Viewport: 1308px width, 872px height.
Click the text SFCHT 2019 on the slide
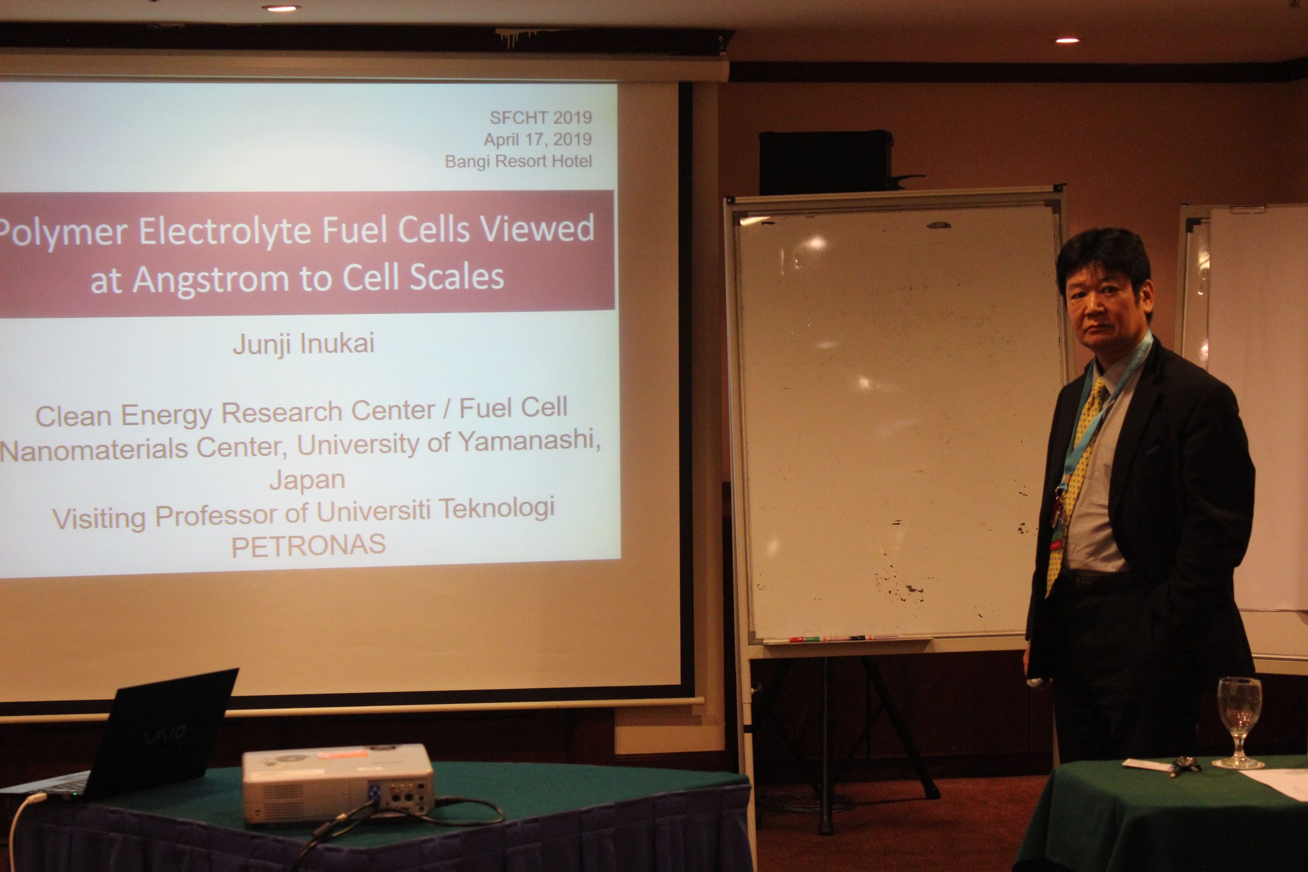pyautogui.click(x=540, y=117)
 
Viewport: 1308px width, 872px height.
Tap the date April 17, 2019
pyautogui.click(x=537, y=139)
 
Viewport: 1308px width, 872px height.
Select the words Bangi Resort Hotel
pyautogui.click(x=518, y=161)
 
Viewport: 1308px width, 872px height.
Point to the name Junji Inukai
pyautogui.click(x=303, y=343)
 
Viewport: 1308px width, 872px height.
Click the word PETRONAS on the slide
pyautogui.click(x=308, y=545)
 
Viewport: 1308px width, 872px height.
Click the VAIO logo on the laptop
pyautogui.click(x=165, y=735)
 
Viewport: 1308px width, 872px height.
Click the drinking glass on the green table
pyautogui.click(x=1239, y=721)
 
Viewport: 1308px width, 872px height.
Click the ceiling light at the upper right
pyautogui.click(x=1067, y=40)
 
